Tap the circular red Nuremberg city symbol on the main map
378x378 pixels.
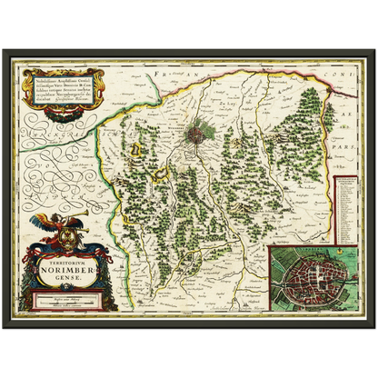[197, 136]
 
